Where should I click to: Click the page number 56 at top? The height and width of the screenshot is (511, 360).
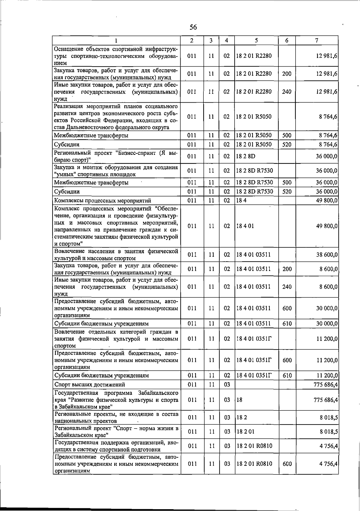click(193, 27)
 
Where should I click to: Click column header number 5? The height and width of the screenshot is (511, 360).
click(256, 41)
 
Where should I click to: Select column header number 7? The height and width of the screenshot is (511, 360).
click(317, 41)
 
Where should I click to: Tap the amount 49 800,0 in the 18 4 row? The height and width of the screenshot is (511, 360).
click(327, 200)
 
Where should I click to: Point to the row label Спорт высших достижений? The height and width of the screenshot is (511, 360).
click(89, 385)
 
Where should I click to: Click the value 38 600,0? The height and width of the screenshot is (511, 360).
click(327, 255)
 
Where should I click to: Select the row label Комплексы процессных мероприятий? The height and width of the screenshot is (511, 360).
click(102, 200)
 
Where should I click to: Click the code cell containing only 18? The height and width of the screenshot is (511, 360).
click(239, 400)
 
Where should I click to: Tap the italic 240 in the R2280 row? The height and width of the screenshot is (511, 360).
click(286, 92)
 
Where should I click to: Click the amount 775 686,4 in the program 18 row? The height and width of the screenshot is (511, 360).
click(325, 400)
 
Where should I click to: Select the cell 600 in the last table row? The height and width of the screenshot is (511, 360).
click(287, 464)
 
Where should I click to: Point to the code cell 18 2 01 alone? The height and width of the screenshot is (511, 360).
click(245, 432)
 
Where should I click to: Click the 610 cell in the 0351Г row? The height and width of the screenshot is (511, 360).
click(287, 376)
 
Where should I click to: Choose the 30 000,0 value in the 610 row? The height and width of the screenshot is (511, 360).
click(327, 324)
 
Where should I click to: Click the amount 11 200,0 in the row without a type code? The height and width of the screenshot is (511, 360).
click(327, 339)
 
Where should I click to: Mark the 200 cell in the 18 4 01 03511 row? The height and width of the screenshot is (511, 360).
click(287, 269)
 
